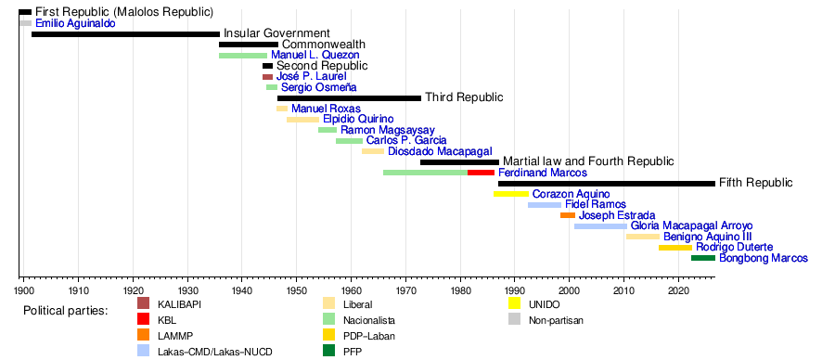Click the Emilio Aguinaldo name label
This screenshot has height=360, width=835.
click(x=76, y=23)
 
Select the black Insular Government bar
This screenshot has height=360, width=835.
click(x=125, y=34)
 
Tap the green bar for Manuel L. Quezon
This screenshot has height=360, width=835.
click(x=243, y=56)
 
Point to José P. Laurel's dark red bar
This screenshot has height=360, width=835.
click(x=267, y=77)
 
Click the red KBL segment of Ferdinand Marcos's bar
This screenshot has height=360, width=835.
click(x=481, y=173)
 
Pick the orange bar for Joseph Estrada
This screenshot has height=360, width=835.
click(x=568, y=215)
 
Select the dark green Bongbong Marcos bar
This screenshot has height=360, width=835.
click(x=703, y=258)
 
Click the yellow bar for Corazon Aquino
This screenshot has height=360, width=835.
click(x=511, y=194)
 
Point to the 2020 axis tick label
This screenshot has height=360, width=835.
click(x=678, y=290)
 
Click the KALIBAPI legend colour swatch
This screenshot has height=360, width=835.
click(x=143, y=303)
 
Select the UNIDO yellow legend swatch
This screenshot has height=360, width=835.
click(x=514, y=303)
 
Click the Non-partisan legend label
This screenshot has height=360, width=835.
click(x=557, y=321)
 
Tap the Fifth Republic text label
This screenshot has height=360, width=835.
click(x=755, y=183)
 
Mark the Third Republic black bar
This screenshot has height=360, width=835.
click(x=350, y=98)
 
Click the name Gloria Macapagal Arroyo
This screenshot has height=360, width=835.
click(x=692, y=225)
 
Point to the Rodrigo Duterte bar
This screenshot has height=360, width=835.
click(x=675, y=247)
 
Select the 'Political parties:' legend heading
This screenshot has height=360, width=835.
click(x=66, y=311)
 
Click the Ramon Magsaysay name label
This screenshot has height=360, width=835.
click(x=388, y=130)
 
